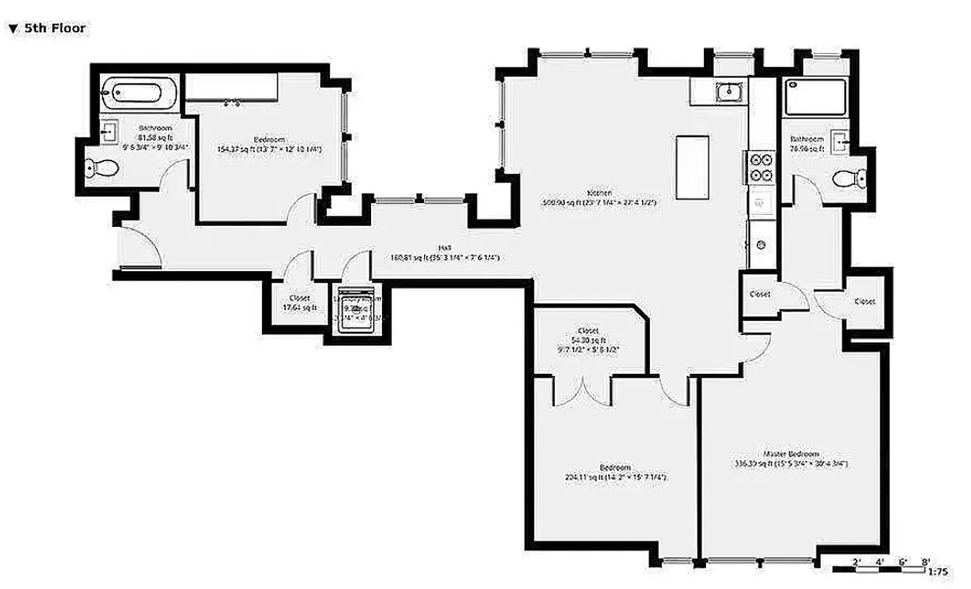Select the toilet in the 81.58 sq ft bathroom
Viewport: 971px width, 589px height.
click(102, 169)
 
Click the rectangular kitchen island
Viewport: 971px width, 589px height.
click(693, 166)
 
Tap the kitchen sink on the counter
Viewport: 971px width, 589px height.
click(728, 92)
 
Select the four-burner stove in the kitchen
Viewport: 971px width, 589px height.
click(760, 166)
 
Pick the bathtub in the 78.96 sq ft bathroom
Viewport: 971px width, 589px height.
click(816, 96)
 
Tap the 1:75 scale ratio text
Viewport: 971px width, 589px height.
click(938, 571)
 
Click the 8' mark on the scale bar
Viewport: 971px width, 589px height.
click(923, 561)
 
